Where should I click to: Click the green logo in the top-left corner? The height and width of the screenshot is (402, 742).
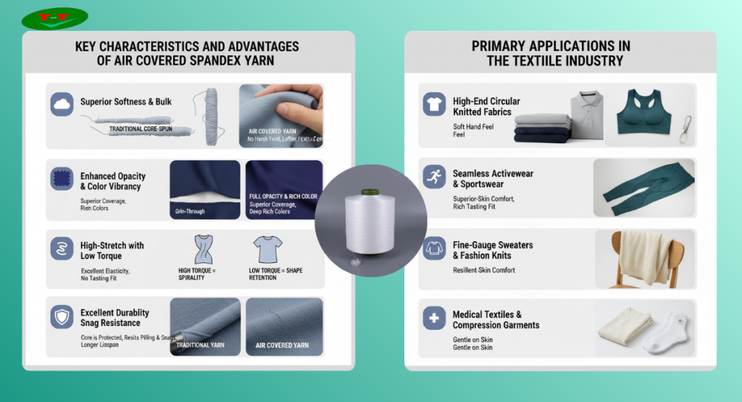point(55,18)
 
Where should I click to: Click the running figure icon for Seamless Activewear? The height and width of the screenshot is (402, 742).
point(433,177)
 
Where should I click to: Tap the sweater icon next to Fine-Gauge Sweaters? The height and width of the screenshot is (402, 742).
point(433,248)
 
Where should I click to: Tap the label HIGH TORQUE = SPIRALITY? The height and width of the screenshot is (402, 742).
point(197,274)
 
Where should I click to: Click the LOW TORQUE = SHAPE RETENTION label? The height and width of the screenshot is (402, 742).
point(275,274)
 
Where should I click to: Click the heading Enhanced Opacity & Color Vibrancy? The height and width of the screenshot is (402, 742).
point(112,181)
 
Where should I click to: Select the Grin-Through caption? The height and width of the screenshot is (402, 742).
point(190,212)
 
